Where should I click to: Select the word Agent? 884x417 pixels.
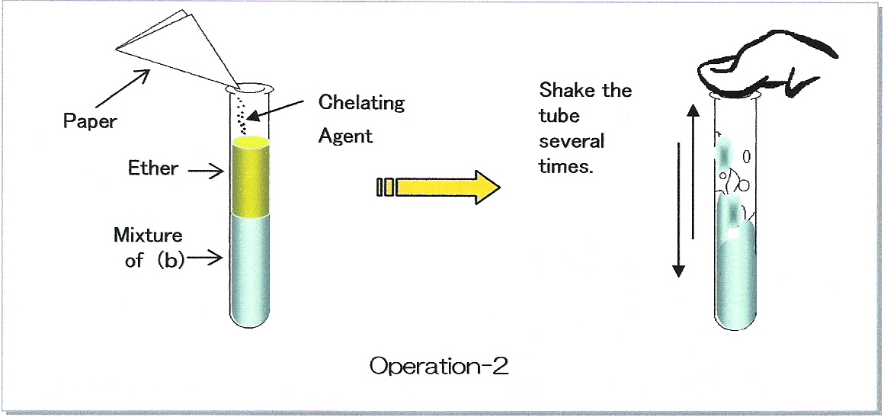345,136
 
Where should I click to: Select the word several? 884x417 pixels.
571,140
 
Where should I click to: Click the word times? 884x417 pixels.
566,166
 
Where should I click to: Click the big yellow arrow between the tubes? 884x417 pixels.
438,187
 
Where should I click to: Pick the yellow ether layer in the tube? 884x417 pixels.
251,177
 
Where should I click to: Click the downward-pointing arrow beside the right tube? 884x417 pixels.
679,210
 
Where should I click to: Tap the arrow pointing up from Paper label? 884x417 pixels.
123,88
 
